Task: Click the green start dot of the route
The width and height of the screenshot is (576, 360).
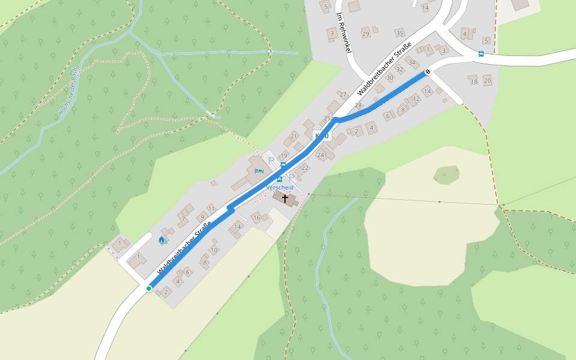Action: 149,289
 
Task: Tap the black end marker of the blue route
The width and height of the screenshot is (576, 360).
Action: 428,72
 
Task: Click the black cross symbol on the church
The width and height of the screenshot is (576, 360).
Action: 284,197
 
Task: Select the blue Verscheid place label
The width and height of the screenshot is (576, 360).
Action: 280,187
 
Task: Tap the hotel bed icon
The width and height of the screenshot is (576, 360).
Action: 259,171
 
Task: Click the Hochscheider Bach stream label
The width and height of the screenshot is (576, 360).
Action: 67,91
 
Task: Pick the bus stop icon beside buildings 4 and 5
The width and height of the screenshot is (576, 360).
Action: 481,54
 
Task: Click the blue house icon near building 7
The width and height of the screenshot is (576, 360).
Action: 161,241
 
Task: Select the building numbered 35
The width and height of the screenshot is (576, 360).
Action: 400,33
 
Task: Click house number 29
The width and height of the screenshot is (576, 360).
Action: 365,34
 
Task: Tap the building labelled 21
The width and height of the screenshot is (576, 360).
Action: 293,136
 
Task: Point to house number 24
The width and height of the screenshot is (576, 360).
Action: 320,155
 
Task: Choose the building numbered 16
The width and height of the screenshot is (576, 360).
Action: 256,218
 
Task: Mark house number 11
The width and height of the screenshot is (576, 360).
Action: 211,208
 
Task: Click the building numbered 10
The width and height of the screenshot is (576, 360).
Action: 214,250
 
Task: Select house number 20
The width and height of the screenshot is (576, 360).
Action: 487,80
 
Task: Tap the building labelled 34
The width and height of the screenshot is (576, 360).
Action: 412,62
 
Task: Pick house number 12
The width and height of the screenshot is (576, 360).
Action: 416,99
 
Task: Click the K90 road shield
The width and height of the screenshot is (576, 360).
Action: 322,136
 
